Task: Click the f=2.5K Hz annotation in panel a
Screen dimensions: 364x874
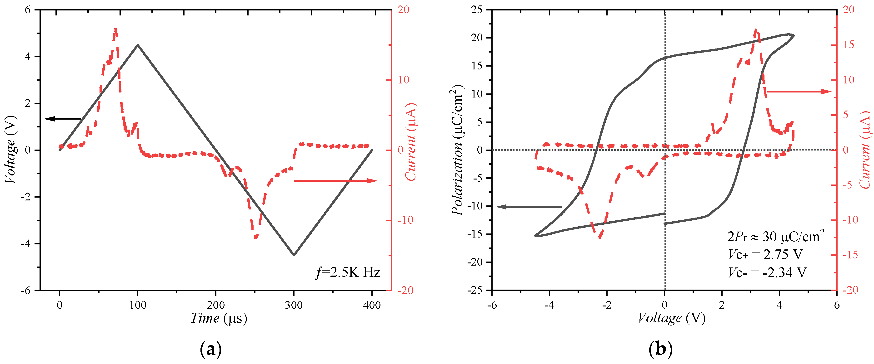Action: (348, 272)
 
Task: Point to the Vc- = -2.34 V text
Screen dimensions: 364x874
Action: (767, 272)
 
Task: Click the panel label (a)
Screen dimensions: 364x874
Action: (211, 349)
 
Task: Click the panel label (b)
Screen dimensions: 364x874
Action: (660, 349)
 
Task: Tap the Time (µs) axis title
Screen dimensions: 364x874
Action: (219, 318)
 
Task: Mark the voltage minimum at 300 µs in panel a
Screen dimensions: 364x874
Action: (294, 255)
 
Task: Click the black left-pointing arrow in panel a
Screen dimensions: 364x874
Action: (63, 119)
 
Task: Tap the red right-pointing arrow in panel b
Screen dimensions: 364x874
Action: (799, 92)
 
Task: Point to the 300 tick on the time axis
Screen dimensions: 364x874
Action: (294, 305)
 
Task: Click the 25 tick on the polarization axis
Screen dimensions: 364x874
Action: (476, 10)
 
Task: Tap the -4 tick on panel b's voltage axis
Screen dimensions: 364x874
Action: (549, 305)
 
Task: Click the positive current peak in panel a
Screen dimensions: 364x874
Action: (116, 30)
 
